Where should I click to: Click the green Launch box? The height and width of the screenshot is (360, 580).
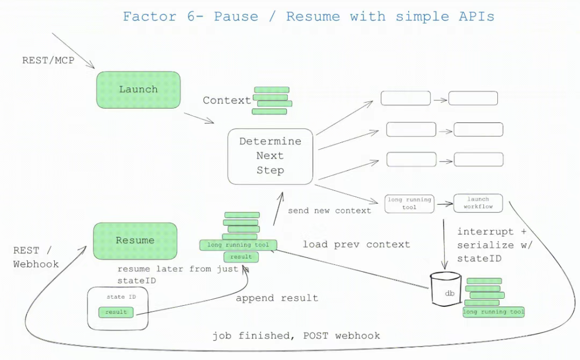point(139,89)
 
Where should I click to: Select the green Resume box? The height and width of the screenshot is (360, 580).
point(135,241)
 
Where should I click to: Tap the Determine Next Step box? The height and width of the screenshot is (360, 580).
point(270,156)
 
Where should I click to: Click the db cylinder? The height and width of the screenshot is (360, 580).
point(445,290)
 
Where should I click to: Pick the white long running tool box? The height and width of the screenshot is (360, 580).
point(409,203)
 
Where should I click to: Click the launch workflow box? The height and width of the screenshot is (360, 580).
point(478,203)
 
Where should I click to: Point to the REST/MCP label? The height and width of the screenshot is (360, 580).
point(48,60)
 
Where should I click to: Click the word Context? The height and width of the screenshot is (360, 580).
point(227,100)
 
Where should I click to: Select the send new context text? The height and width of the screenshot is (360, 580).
point(329,211)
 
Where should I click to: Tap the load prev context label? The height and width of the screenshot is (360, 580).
point(356,244)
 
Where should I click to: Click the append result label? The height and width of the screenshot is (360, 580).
point(277,298)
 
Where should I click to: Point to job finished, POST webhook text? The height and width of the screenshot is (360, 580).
point(296,336)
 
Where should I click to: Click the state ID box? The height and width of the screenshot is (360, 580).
point(118,308)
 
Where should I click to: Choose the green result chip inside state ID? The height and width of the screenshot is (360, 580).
point(116,312)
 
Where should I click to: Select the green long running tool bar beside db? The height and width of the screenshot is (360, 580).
point(494,312)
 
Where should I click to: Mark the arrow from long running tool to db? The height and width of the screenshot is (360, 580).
point(445,242)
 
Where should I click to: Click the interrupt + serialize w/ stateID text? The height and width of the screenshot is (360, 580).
point(492,245)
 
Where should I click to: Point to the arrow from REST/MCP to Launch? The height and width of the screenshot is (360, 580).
point(73,51)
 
